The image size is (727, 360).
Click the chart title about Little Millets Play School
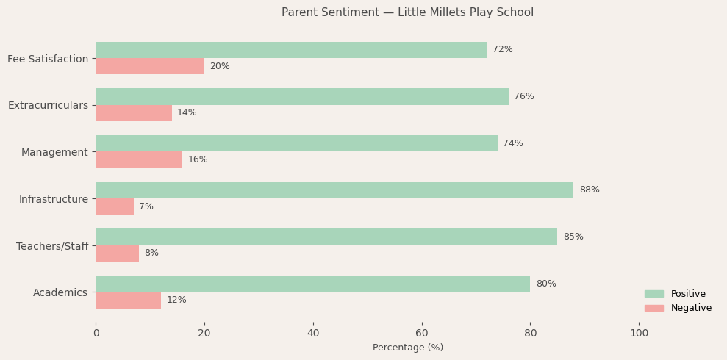[407, 12]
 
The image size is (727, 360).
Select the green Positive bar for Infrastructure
[334, 190]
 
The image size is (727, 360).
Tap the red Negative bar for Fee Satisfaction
[150, 66]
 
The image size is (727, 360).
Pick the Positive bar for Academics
[312, 284]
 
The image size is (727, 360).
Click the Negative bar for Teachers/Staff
[117, 253]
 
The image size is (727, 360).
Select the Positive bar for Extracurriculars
[302, 96]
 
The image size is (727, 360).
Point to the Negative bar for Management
[139, 159]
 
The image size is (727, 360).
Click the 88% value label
[590, 190]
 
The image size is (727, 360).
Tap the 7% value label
[146, 206]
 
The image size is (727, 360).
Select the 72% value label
[503, 50]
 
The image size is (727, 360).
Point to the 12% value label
[176, 300]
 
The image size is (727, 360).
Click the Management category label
[54, 152]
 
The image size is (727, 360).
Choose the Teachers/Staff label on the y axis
[52, 246]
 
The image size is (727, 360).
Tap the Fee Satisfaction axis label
[48, 59]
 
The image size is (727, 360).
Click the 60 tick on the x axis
[422, 333]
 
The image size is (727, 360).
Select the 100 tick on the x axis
[639, 333]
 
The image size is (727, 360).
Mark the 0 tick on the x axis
[96, 333]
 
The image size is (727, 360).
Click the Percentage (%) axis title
[408, 348]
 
